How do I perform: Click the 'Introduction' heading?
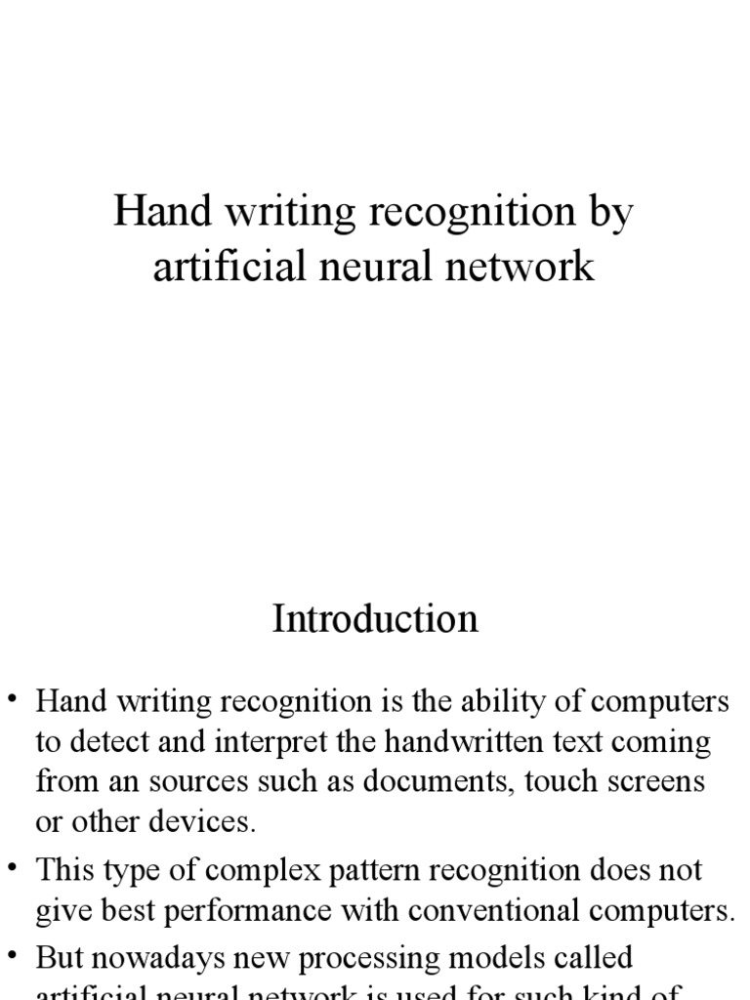(375, 619)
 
